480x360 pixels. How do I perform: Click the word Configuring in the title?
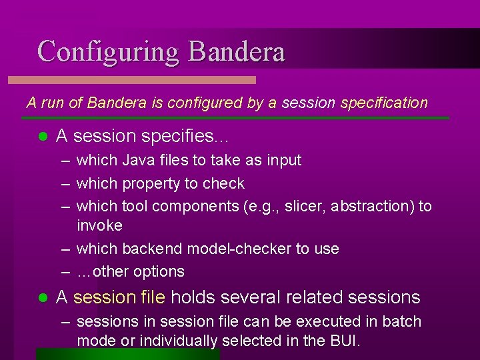click(109, 52)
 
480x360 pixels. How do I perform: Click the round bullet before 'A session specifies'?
click(42, 137)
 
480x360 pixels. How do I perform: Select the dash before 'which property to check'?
click(64, 184)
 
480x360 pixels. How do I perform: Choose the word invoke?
click(99, 225)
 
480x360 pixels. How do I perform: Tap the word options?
click(159, 272)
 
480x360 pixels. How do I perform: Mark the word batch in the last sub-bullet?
click(402, 321)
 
